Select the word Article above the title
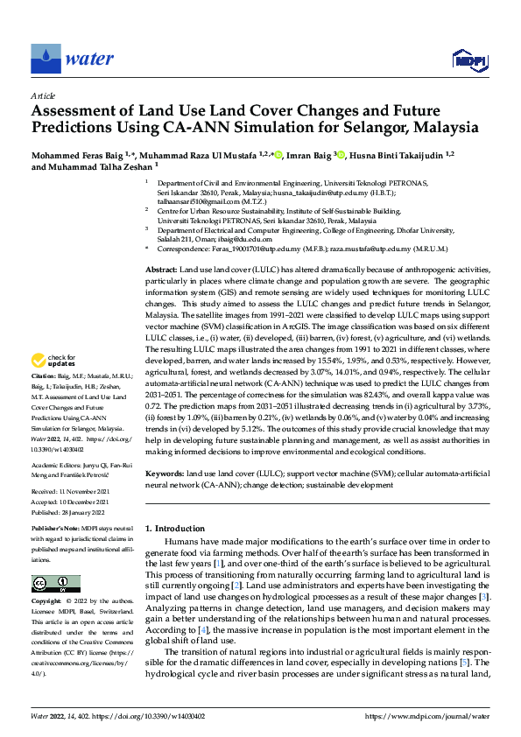click(42, 95)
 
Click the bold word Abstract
click(160, 271)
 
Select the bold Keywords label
click(166, 473)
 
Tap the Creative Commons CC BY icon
click(55, 584)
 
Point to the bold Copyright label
click(46, 602)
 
